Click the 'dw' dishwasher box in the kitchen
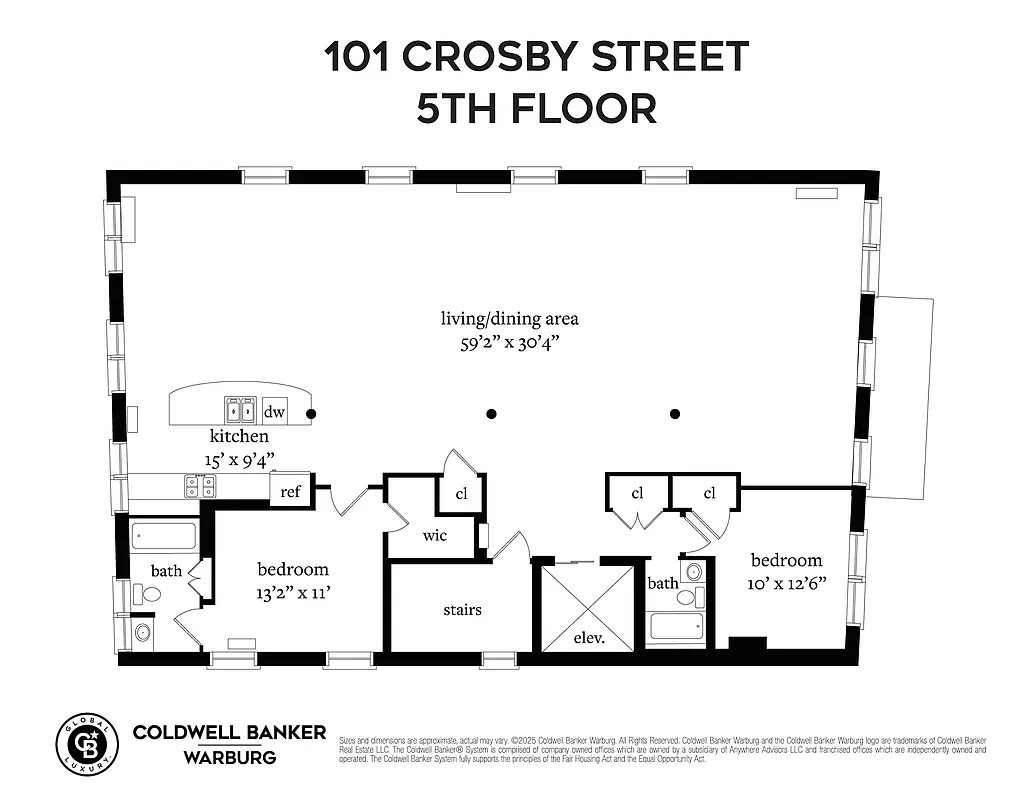[x=274, y=411]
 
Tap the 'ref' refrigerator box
[x=291, y=491]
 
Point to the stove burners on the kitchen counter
[x=200, y=486]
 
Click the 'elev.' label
[x=588, y=636]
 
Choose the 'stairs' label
[x=462, y=609]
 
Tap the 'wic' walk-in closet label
[x=434, y=535]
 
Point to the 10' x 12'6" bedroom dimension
[x=787, y=584]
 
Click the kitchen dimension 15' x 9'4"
[x=239, y=459]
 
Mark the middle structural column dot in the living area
[x=491, y=413]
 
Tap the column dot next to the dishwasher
[x=311, y=413]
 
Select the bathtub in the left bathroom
[x=166, y=536]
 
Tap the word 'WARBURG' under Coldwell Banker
[x=229, y=757]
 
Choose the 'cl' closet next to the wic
[x=461, y=494]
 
